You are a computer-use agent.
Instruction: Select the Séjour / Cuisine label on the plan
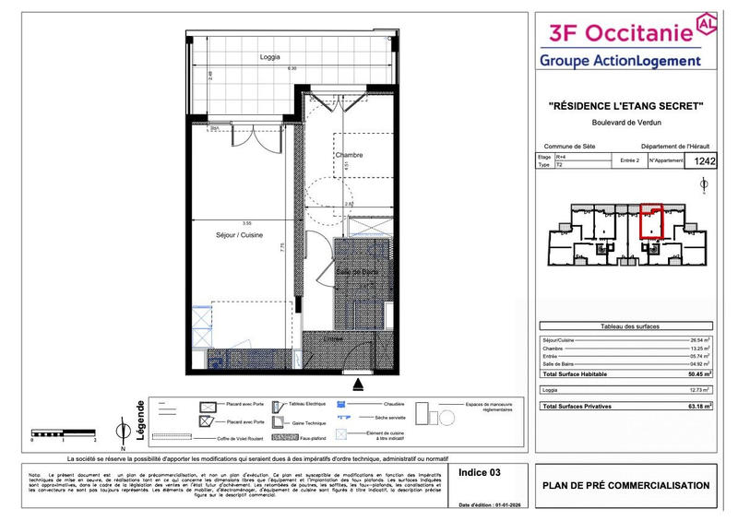pyautogui.click(x=239, y=235)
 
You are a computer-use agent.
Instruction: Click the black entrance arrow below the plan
pyautogui.click(x=359, y=382)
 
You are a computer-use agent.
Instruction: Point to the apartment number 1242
pyautogui.click(x=704, y=161)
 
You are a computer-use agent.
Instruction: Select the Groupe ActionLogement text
pyautogui.click(x=620, y=61)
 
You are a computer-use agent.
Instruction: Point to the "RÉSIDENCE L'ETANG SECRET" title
pyautogui.click(x=625, y=107)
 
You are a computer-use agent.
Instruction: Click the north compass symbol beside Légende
pyautogui.click(x=123, y=429)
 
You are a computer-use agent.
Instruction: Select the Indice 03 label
pyautogui.click(x=480, y=472)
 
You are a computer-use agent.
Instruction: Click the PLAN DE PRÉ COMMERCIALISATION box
pyautogui.click(x=625, y=486)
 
